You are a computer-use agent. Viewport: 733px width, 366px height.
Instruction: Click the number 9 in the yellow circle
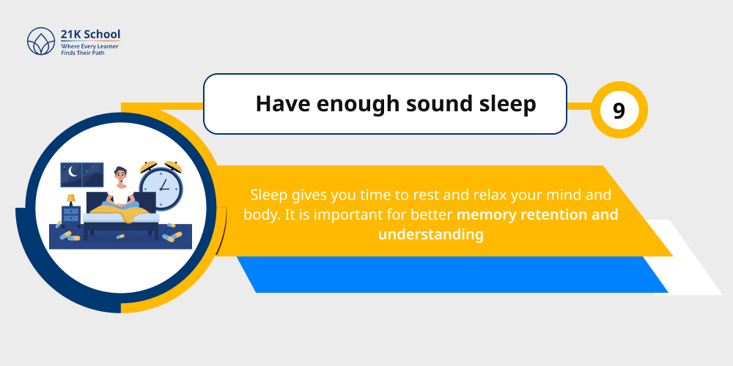pyautogui.click(x=619, y=111)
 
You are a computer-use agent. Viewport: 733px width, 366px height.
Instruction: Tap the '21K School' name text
pyautogui.click(x=91, y=34)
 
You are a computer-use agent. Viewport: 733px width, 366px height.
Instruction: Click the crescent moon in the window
pyautogui.click(x=72, y=171)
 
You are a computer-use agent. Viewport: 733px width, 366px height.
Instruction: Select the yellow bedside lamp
pyautogui.click(x=71, y=198)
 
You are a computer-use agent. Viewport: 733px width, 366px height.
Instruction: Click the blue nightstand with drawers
pyautogui.click(x=71, y=215)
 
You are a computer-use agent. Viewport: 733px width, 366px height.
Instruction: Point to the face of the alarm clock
pyautogui.click(x=161, y=187)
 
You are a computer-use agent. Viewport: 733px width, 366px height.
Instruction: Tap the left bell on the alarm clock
pyautogui.click(x=149, y=165)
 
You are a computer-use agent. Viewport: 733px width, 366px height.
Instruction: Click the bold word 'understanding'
pyautogui.click(x=431, y=234)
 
